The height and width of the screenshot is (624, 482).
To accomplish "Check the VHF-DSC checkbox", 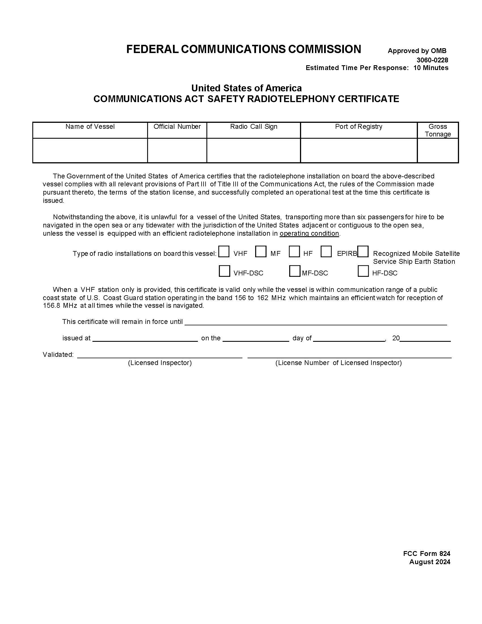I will (x=224, y=271).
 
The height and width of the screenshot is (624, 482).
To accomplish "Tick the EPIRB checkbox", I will (x=326, y=251).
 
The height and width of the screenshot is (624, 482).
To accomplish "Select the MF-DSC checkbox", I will (x=294, y=271).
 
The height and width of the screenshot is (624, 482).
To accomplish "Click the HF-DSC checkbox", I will (x=363, y=271).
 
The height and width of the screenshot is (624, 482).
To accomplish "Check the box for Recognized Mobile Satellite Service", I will (x=363, y=251).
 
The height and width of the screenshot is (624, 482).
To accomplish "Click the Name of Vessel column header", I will (x=90, y=127).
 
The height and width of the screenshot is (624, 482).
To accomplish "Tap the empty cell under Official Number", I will (x=177, y=151).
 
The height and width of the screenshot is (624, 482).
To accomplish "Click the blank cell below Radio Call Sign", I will (x=253, y=151).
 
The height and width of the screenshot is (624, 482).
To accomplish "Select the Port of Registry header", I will (x=359, y=127).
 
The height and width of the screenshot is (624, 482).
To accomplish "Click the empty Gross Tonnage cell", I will (x=438, y=151).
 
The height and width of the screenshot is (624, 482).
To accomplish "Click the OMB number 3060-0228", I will (x=432, y=60).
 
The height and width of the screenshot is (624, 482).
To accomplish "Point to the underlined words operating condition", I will (x=309, y=233).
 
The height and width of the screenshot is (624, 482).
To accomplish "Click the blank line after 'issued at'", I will (x=145, y=338).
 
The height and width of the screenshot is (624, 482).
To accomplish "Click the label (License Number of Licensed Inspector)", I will (x=338, y=363).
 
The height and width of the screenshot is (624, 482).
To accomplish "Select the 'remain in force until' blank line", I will (x=316, y=322).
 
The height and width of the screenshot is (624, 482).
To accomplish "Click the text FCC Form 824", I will (x=427, y=554).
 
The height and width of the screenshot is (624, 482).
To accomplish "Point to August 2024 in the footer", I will (x=430, y=562).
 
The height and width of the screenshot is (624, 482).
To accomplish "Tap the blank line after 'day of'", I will (x=349, y=338).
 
